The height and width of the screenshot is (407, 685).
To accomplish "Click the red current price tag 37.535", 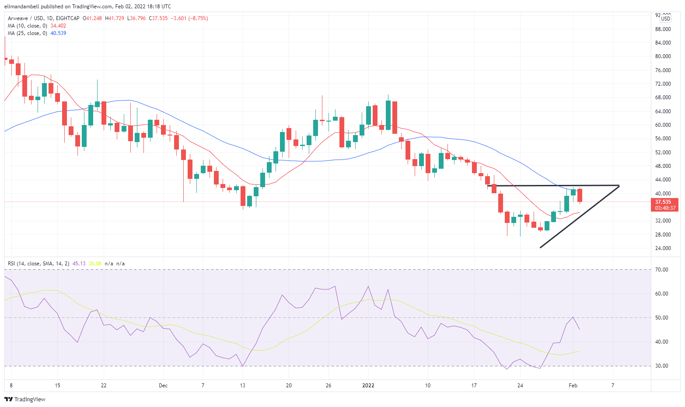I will (x=663, y=202).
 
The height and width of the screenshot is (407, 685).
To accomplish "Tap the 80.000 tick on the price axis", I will (x=663, y=56).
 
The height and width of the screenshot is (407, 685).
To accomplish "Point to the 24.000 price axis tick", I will (x=663, y=248).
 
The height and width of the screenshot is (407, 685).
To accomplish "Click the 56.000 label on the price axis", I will (x=663, y=139).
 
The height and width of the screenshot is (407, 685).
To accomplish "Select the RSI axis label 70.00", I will (x=662, y=270).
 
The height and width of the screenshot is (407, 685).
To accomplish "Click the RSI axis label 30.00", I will (x=662, y=366).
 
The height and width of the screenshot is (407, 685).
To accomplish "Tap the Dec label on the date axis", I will (x=163, y=386).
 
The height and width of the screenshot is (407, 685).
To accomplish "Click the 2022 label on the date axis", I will (x=368, y=386).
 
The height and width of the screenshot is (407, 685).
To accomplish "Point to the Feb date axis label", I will (x=573, y=386).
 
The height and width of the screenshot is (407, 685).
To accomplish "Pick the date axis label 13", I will (x=243, y=386).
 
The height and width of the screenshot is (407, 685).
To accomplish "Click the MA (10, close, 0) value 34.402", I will (x=58, y=26).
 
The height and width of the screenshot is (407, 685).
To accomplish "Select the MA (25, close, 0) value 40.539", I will (x=58, y=33).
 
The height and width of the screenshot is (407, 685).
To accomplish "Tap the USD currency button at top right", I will (x=665, y=19).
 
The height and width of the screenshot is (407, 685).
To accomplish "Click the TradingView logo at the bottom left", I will (x=25, y=399).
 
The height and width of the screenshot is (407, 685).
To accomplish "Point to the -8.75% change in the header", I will (x=199, y=18).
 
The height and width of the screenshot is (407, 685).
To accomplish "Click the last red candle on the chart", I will (x=580, y=195).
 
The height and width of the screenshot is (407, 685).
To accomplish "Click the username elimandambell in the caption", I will (x=22, y=7).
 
